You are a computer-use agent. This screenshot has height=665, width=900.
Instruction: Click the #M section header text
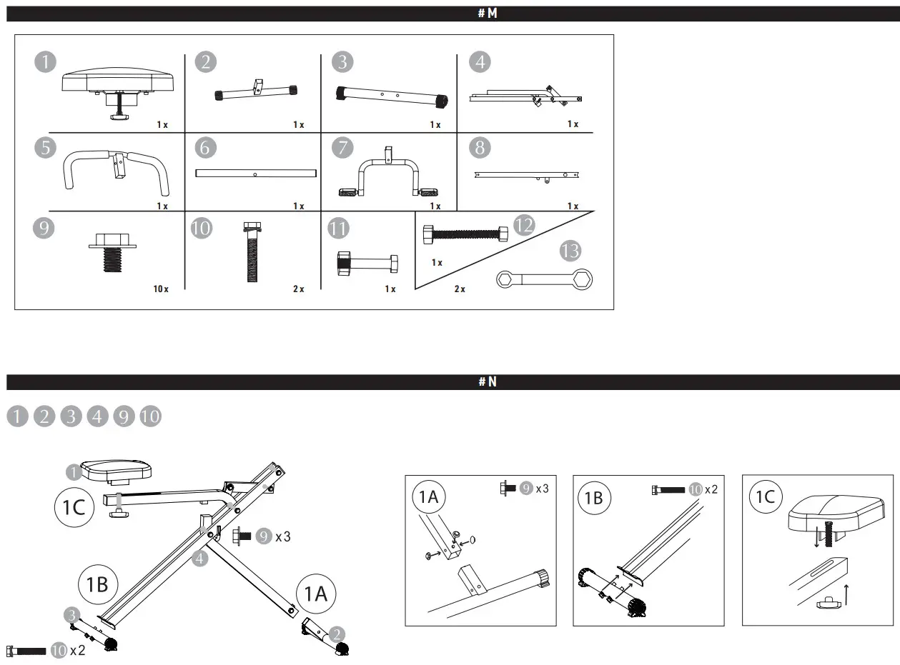point(487,14)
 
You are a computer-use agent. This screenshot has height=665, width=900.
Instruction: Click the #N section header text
point(487,382)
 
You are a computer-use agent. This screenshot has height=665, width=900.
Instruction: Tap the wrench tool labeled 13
point(545,279)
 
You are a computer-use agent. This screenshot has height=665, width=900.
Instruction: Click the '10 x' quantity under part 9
point(160,289)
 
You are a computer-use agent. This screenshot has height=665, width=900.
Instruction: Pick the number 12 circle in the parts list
point(524,226)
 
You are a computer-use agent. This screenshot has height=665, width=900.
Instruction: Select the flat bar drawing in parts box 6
point(255,174)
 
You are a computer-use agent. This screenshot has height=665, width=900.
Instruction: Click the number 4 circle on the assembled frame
point(200,559)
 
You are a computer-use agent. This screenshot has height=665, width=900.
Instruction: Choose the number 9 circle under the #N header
point(124,416)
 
